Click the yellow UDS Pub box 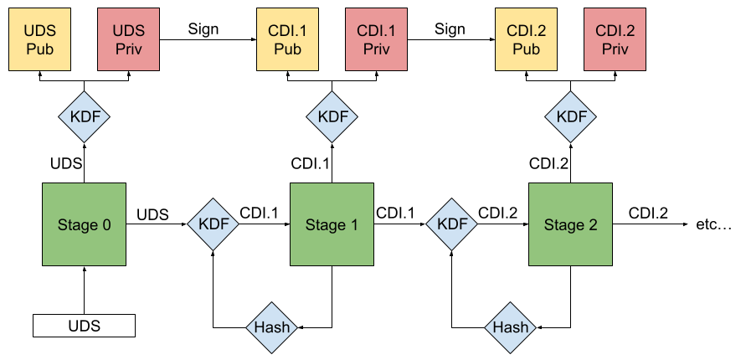point(39,39)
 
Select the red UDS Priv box point(128,39)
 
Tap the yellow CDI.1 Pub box point(287,39)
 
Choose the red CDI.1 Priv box point(376,39)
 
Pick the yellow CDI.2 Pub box point(526,39)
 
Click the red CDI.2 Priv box point(615,39)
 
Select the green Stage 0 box point(84,224)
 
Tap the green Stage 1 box point(332,224)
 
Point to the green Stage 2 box point(570,224)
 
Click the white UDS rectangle point(84,326)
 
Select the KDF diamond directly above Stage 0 point(84,116)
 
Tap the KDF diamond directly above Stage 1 point(332,116)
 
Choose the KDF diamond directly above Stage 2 point(571,116)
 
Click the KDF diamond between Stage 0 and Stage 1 point(213,224)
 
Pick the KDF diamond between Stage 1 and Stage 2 point(452,224)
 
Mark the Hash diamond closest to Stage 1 point(272,327)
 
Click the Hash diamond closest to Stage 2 point(510,327)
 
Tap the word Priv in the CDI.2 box point(615,49)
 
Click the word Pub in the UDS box point(39,49)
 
